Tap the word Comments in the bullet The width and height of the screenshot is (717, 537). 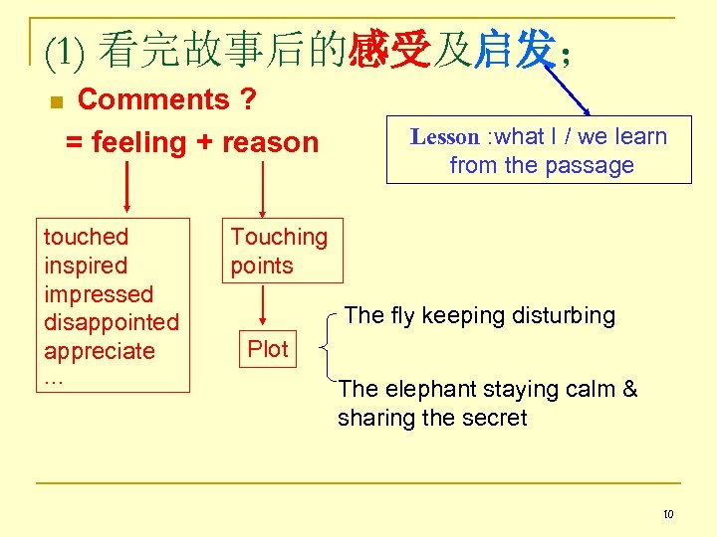coord(153,99)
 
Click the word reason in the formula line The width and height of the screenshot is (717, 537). coord(270,142)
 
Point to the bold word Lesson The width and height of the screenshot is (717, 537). coord(444,137)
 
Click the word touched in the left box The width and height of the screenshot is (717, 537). coord(87,237)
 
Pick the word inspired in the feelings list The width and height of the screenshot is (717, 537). coord(86,266)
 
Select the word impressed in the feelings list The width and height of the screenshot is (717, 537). coord(99,294)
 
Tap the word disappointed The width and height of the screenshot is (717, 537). coord(112,322)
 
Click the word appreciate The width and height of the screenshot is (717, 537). coord(100,351)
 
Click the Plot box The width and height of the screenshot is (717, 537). coord(267,349)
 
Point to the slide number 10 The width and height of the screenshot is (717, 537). coord(668,514)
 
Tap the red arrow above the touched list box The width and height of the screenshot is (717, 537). coord(127,188)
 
